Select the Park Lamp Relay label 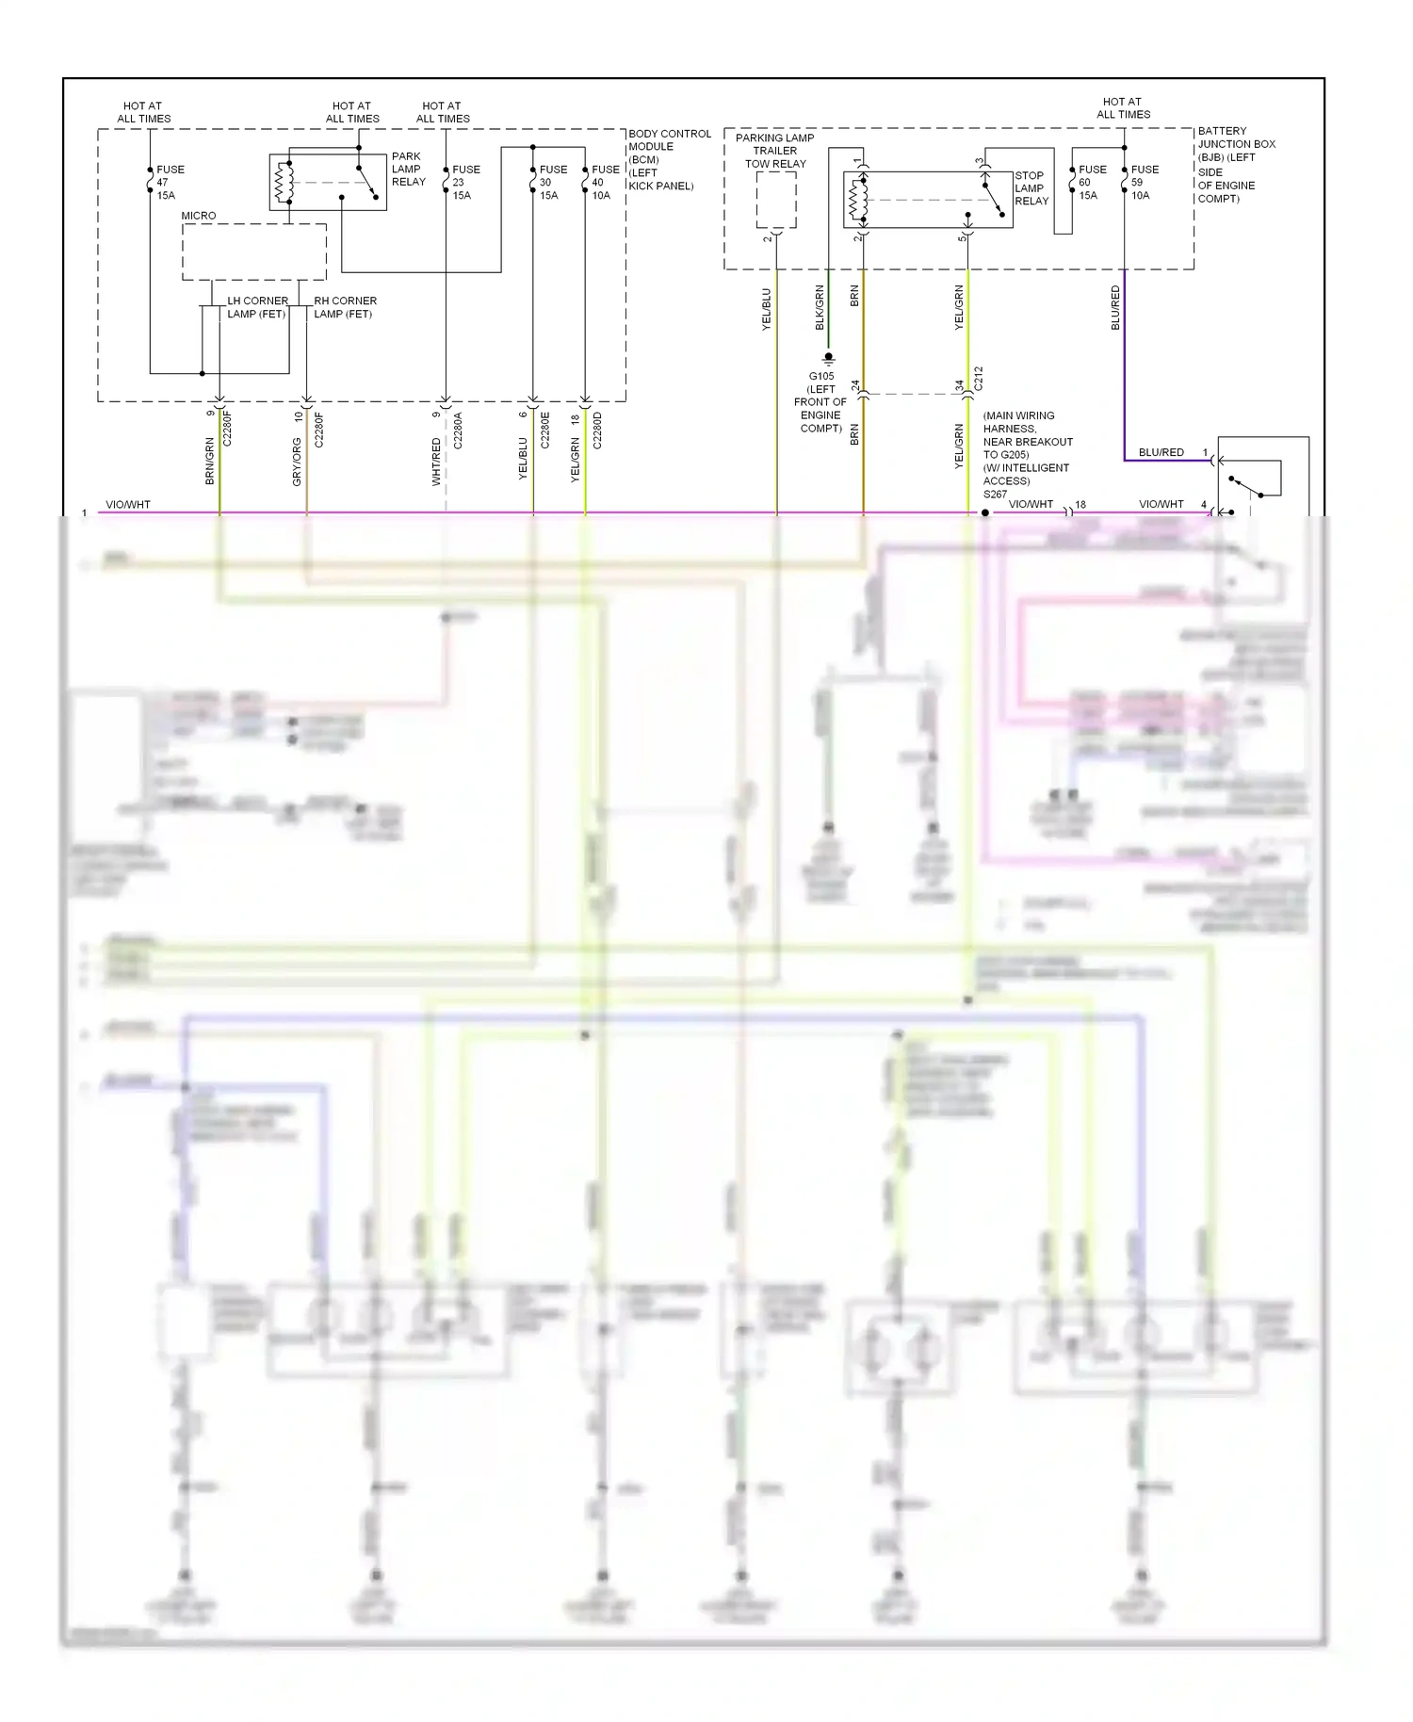[408, 170]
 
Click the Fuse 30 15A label [552, 183]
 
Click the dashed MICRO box [253, 252]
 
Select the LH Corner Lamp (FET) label [256, 307]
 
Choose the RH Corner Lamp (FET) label [344, 307]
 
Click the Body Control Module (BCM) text [668, 159]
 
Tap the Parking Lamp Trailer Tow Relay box [776, 200]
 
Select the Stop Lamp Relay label [1031, 188]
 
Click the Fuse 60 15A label [1091, 183]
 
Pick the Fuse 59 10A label [1144, 183]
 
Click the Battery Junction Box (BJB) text [1235, 165]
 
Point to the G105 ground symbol [828, 359]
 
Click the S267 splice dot [985, 513]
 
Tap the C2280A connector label [458, 430]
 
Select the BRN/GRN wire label [209, 462]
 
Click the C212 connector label [978, 379]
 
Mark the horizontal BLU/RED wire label [1161, 452]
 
